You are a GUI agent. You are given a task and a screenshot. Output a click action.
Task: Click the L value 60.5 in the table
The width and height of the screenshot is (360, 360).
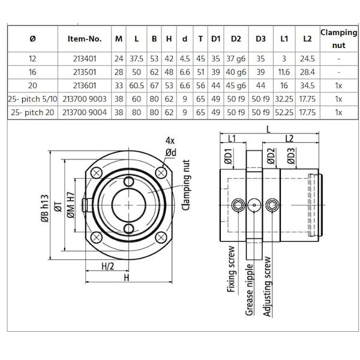click(x=137, y=85)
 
